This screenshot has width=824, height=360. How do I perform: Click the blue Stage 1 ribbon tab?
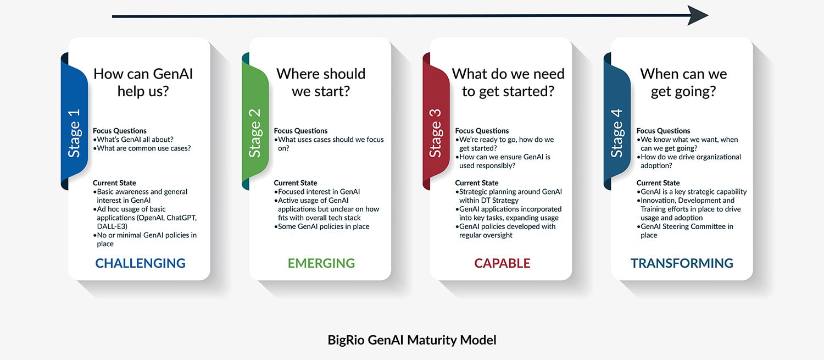pyautogui.click(x=74, y=121)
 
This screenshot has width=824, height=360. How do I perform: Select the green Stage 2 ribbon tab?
pyautogui.click(x=255, y=121)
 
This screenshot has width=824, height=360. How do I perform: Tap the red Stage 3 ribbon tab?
pyautogui.click(x=436, y=121)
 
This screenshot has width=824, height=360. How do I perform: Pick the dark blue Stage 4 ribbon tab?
pyautogui.click(x=617, y=121)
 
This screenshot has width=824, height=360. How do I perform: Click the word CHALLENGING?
pyautogui.click(x=140, y=263)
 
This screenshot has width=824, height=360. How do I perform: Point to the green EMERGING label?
pyautogui.click(x=321, y=263)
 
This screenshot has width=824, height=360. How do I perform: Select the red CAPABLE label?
pyautogui.click(x=502, y=263)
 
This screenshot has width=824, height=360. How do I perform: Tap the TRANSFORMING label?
pyautogui.click(x=682, y=263)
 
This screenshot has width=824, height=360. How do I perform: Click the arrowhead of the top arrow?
pyautogui.click(x=698, y=15)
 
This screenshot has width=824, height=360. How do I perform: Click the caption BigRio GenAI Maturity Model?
pyautogui.click(x=412, y=340)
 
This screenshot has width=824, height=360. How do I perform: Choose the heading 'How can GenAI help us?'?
pyautogui.click(x=143, y=82)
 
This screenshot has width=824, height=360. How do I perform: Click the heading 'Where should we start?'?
pyautogui.click(x=321, y=82)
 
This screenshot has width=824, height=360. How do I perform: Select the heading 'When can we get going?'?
pyautogui.click(x=683, y=82)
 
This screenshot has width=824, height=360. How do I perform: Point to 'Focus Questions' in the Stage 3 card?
pyautogui.click(x=482, y=131)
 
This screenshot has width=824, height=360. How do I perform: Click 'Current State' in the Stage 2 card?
pyautogui.click(x=296, y=183)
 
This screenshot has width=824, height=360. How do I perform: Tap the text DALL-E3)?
pyautogui.click(x=112, y=226)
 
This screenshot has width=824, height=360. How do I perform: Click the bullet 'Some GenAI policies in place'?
pyautogui.click(x=321, y=226)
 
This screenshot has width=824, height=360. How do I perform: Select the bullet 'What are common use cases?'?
pyautogui.click(x=142, y=148)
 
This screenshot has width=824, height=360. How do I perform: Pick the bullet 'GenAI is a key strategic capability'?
pyautogui.click(x=692, y=192)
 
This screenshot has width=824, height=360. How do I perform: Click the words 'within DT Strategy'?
pyautogui.click(x=489, y=201)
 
